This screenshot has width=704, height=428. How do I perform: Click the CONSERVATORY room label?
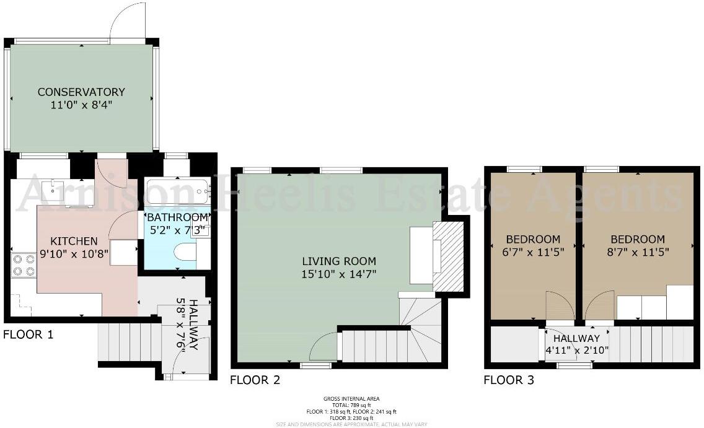pos(81,92)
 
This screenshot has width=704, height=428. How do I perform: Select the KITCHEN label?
pos(74,241)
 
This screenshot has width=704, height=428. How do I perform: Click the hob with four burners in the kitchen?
pos(24,264)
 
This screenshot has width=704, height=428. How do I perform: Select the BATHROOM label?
pos(177,217)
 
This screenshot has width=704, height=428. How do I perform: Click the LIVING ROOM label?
pos(338,261)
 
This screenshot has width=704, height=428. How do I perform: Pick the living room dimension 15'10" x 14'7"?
pos(338,273)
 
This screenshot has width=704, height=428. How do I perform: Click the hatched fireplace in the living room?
pos(446,255)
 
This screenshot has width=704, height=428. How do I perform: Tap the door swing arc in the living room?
pos(323,347)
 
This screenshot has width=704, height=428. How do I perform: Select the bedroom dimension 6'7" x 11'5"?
pos(533,252)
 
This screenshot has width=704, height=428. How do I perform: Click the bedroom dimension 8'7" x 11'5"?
pos(637,252)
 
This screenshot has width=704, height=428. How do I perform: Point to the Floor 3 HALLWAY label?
pos(576,339)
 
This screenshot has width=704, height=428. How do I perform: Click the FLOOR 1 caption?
pos(29,335)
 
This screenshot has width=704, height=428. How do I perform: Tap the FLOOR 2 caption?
pos(255,380)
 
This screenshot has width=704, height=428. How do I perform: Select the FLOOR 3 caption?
pos(509,380)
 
